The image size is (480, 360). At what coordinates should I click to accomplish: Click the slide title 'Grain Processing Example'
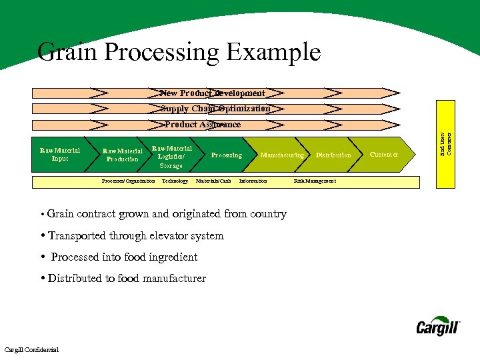[x=179, y=52]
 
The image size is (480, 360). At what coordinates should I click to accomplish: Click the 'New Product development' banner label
[x=213, y=93]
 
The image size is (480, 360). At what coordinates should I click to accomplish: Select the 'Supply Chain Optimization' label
[x=215, y=109]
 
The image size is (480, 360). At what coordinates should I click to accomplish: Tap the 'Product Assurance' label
[x=203, y=125]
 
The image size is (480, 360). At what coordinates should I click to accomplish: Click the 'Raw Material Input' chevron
[x=59, y=155]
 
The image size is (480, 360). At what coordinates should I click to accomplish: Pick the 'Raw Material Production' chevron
[x=123, y=155]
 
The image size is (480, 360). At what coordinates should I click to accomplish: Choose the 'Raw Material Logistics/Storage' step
[x=171, y=157]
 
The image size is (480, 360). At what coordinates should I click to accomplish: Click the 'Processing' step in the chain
[x=227, y=155]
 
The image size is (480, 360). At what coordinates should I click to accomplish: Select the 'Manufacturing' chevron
[x=282, y=155]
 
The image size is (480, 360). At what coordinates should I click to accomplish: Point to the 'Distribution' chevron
[x=333, y=155]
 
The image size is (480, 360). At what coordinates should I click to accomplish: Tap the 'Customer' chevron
[x=384, y=155]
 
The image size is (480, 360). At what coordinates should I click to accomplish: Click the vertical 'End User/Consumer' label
[x=449, y=141]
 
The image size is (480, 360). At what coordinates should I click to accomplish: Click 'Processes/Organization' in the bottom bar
[x=128, y=181]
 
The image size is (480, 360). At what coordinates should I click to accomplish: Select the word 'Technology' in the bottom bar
[x=175, y=181]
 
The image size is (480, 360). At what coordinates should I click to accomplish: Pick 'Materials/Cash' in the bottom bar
[x=213, y=181]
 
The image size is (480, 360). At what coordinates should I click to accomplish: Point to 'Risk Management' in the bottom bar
[x=315, y=181]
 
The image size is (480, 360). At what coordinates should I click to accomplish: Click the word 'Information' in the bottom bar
[x=253, y=181]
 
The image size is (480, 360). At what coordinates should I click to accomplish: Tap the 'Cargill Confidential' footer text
[x=31, y=350]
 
